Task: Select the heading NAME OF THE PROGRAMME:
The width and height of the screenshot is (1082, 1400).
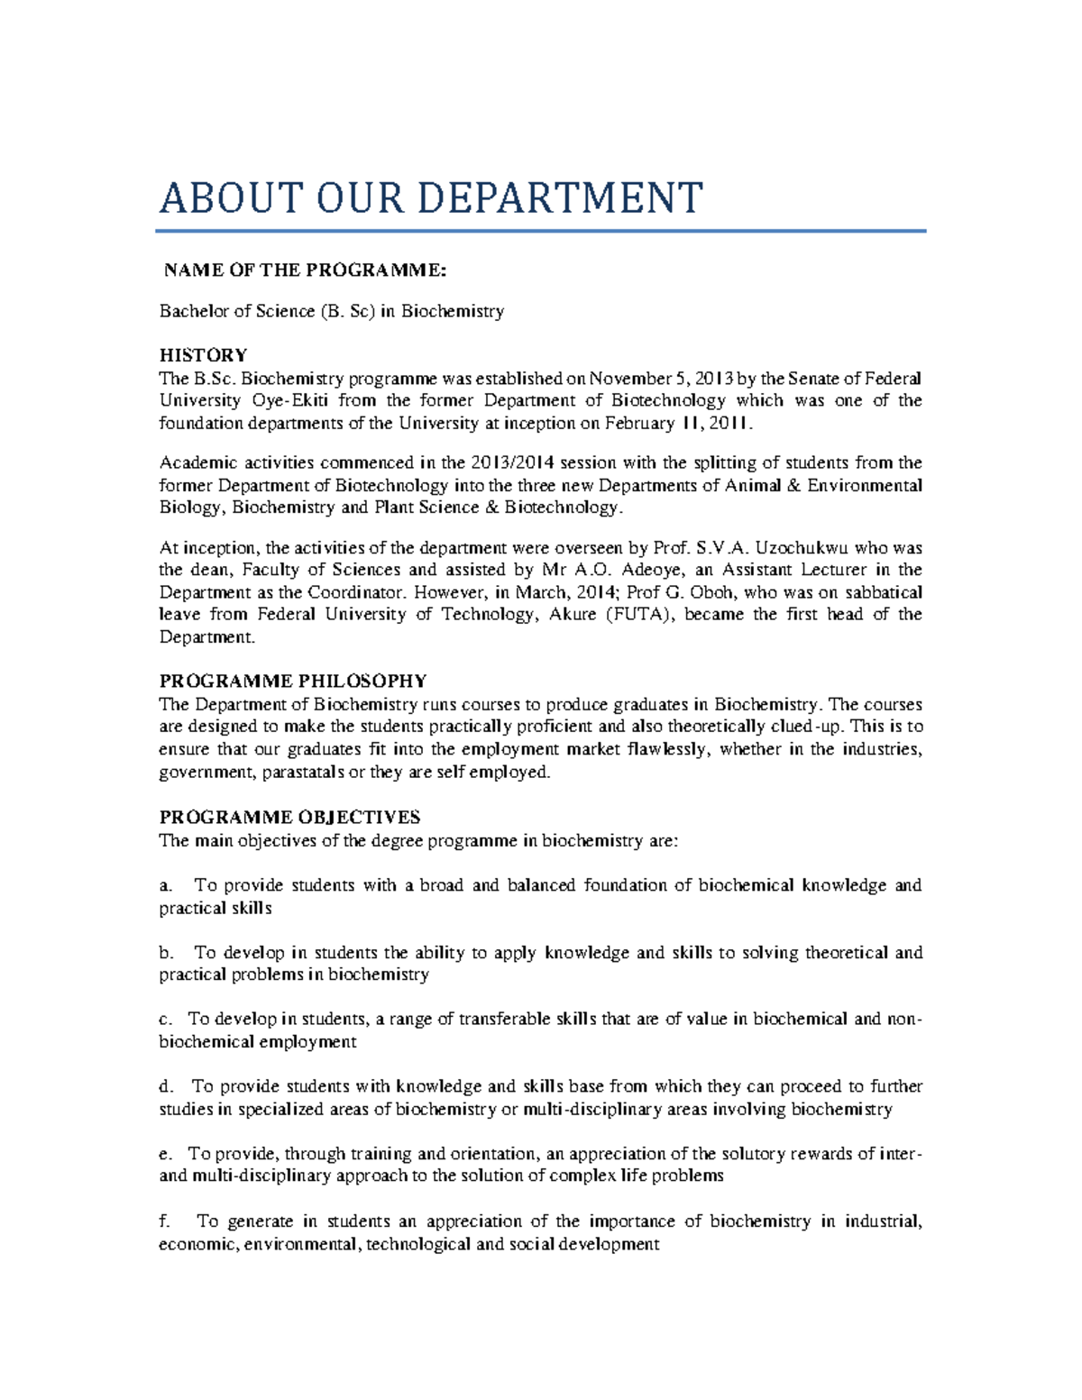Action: [305, 270]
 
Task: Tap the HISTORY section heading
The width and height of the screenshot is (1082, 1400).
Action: [203, 355]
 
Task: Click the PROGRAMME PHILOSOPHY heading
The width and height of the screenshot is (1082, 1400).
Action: [293, 681]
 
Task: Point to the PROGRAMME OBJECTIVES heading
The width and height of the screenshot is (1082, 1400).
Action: [289, 818]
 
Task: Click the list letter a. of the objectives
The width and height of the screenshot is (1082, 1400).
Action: [165, 886]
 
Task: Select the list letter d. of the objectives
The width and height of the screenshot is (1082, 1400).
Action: [165, 1087]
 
